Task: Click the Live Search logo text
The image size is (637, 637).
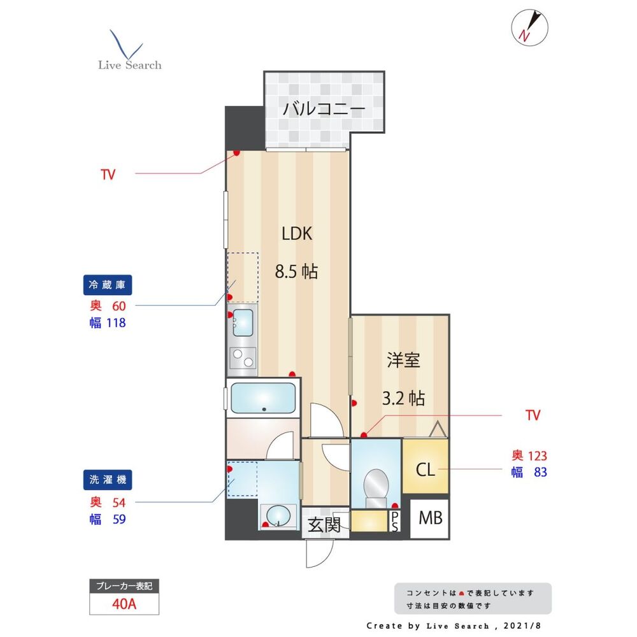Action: (x=129, y=65)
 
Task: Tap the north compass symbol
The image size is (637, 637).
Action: (x=529, y=27)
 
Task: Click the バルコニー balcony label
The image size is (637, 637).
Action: (x=324, y=108)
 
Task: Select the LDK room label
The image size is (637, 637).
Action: (x=297, y=234)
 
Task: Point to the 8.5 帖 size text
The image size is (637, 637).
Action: (x=296, y=271)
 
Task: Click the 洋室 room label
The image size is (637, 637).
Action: (x=403, y=360)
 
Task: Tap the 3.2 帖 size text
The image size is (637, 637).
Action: (x=403, y=398)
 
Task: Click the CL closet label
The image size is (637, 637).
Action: (x=426, y=469)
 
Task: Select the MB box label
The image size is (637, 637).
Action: (x=430, y=518)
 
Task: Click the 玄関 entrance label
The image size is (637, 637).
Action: (x=324, y=525)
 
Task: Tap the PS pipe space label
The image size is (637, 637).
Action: (x=395, y=521)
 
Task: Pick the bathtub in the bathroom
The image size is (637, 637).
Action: (x=263, y=397)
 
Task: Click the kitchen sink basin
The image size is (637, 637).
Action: (x=243, y=322)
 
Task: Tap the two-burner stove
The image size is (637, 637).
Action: (x=243, y=358)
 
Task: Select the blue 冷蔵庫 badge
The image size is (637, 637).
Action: (x=107, y=285)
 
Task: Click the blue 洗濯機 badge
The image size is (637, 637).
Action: (x=107, y=480)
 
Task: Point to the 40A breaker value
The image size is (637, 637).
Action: (x=124, y=604)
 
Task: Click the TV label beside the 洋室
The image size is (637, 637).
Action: (x=533, y=415)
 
